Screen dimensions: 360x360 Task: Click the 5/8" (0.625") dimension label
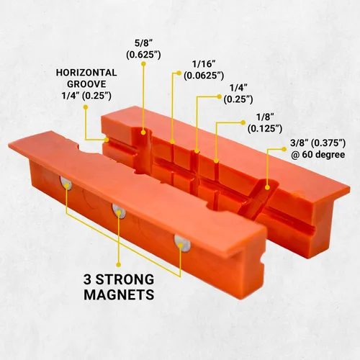[143, 50]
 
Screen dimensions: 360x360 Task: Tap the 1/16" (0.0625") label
[204, 70]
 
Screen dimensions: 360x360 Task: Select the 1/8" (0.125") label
[265, 123]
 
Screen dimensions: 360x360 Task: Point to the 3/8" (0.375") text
[318, 143]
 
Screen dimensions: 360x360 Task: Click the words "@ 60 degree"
[318, 154]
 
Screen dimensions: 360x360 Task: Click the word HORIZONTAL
[86, 73]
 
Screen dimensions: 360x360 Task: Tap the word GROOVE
[86, 84]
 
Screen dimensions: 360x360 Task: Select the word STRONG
[125, 280]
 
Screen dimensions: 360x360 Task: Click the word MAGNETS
[119, 294]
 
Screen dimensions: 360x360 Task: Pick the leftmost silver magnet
[66, 184]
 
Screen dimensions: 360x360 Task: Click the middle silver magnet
[119, 211]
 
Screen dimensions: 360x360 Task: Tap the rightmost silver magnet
[182, 243]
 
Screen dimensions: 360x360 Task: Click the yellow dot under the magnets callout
[118, 264]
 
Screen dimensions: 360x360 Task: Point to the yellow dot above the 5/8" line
[143, 64]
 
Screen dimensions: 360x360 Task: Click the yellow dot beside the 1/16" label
[179, 73]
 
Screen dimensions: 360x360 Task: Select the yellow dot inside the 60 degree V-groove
[267, 187]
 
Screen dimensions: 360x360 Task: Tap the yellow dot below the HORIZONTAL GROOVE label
[85, 107]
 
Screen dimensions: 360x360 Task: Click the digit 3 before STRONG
[88, 280]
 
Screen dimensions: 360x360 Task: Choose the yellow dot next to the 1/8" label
[243, 122]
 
